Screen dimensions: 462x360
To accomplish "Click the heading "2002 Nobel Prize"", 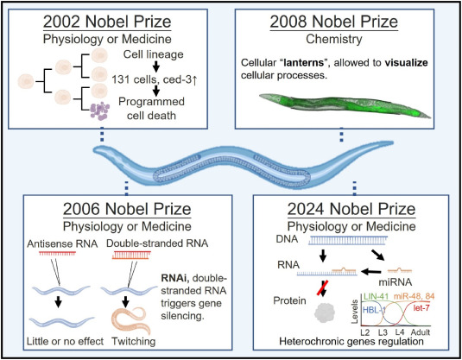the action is click(x=107, y=22).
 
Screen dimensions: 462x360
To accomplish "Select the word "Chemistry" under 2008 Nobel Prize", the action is click(x=334, y=39).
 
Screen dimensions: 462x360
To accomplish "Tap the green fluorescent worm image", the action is click(x=345, y=106).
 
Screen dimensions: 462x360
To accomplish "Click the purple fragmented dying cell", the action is click(x=100, y=111).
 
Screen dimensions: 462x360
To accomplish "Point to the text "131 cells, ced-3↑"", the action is click(x=154, y=79).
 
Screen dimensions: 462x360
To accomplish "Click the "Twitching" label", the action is click(x=134, y=341).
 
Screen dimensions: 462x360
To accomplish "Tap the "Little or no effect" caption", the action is click(x=65, y=341).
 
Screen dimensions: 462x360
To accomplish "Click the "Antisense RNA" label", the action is click(x=62, y=243).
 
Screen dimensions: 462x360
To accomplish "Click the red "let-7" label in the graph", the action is click(x=421, y=308).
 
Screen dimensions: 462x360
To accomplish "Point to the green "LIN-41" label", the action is click(x=377, y=297).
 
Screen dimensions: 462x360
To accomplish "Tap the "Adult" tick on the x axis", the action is click(x=421, y=332).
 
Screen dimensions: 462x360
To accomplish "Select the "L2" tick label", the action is click(x=365, y=332).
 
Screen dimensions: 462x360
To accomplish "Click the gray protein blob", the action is click(x=325, y=313).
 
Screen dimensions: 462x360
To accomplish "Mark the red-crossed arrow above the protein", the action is click(x=323, y=288).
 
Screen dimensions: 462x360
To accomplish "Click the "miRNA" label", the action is click(x=396, y=282).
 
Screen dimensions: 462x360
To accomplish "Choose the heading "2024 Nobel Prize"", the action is click(x=351, y=209).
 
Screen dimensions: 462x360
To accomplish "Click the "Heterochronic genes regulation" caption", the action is click(x=351, y=342).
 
